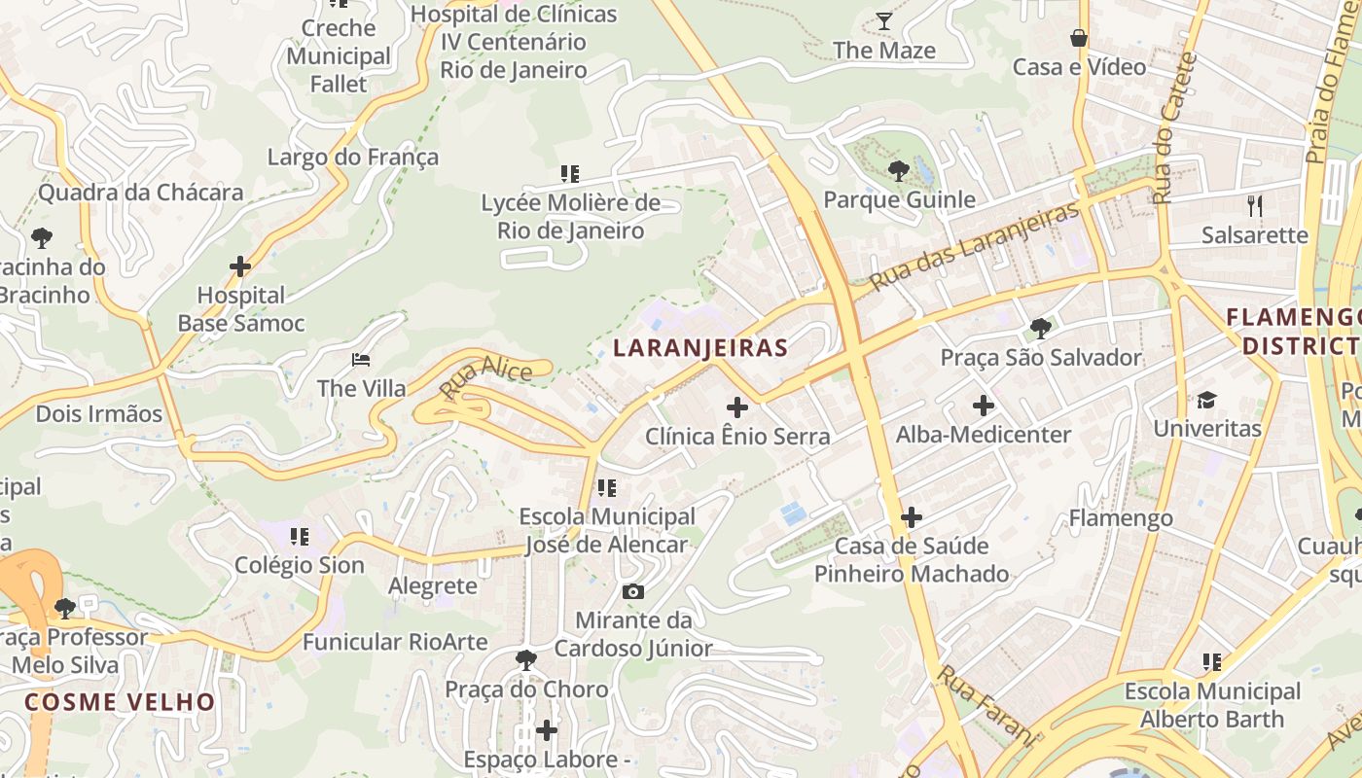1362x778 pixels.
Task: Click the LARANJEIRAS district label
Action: point(700,348)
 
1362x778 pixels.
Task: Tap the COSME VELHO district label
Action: point(120,702)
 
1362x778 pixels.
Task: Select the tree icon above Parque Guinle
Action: point(899,171)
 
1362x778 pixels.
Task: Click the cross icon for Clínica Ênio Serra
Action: point(737,407)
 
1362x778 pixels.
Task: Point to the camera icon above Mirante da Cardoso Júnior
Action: point(632,591)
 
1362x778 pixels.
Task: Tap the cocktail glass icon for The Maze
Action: point(883,21)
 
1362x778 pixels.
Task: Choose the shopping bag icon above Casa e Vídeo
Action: point(1078,39)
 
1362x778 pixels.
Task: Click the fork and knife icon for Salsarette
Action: point(1255,205)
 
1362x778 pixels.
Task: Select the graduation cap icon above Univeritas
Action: point(1206,400)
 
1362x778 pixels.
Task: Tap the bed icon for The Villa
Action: point(361,360)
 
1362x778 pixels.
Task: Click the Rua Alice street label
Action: point(485,379)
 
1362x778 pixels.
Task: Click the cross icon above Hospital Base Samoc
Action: point(240,265)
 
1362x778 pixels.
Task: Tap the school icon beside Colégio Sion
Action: point(300,536)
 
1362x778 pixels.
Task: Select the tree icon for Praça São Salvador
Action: point(1040,329)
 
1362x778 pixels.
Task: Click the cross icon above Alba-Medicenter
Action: point(983,406)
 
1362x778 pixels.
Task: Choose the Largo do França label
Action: point(353,158)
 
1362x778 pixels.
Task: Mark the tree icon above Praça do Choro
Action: point(526,660)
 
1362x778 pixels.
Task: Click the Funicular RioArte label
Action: point(393,642)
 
